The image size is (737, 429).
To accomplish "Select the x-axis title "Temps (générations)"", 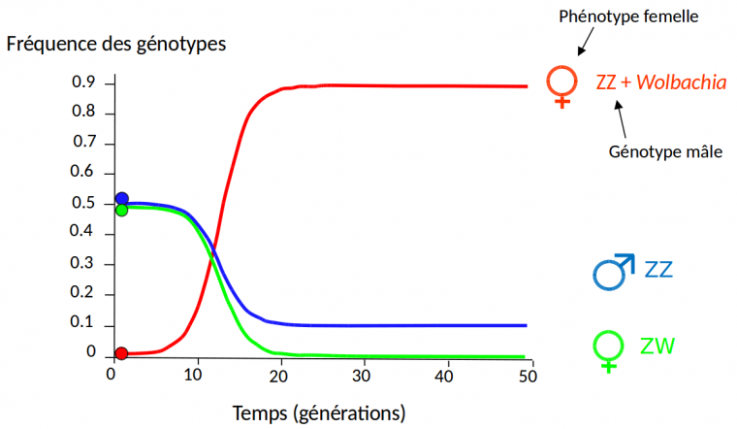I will [319, 412].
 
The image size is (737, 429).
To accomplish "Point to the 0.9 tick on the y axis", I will [84, 82].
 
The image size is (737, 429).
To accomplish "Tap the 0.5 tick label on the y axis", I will [84, 203].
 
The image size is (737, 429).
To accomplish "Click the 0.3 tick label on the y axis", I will [84, 263].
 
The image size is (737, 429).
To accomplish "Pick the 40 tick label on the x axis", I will [445, 376].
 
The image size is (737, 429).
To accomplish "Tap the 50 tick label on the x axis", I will [529, 376].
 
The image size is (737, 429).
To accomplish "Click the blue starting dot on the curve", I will [121, 199].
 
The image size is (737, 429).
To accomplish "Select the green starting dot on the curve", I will [121, 210].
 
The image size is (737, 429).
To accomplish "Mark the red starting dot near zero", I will [121, 353].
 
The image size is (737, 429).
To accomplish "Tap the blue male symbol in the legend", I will [613, 272].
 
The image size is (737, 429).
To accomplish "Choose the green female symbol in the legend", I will [608, 350].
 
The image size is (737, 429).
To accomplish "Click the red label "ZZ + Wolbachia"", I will [660, 82].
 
